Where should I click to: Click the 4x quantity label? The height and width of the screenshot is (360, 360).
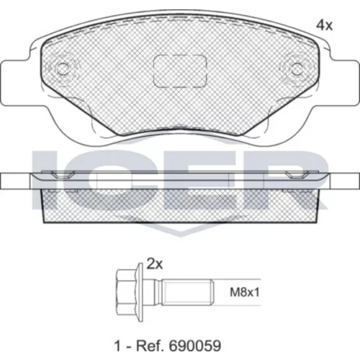click(x=324, y=25)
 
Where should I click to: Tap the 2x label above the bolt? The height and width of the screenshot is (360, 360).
click(x=155, y=264)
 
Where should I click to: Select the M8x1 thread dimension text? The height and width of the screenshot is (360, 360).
click(x=245, y=292)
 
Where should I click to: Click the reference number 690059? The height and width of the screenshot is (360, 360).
click(x=195, y=346)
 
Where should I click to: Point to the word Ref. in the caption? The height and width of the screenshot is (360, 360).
click(x=150, y=346)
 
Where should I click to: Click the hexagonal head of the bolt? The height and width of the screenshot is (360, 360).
click(x=126, y=292)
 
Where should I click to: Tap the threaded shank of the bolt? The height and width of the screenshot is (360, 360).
click(x=188, y=292)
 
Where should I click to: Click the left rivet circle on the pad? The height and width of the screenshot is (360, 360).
click(x=63, y=68)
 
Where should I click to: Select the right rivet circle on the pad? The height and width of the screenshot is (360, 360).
click(x=297, y=68)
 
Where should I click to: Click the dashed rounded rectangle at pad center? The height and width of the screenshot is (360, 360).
click(x=180, y=71)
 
